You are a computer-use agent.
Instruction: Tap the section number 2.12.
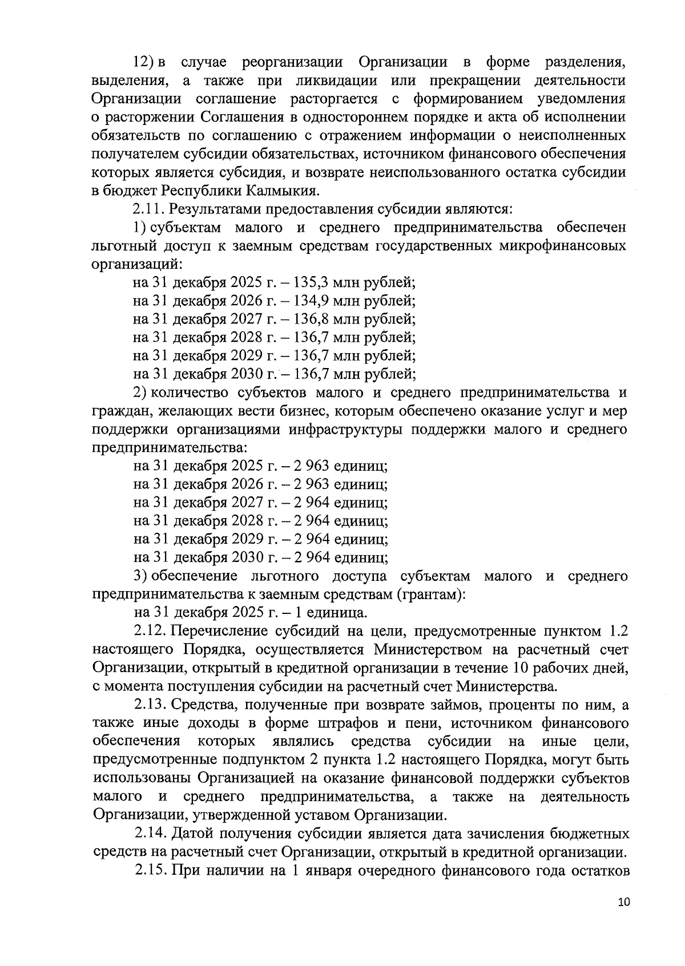coord(151,632)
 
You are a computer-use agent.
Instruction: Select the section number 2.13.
coord(151,706)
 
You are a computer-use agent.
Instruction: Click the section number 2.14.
coord(151,834)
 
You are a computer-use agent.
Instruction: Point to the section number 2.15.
coord(151,871)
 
